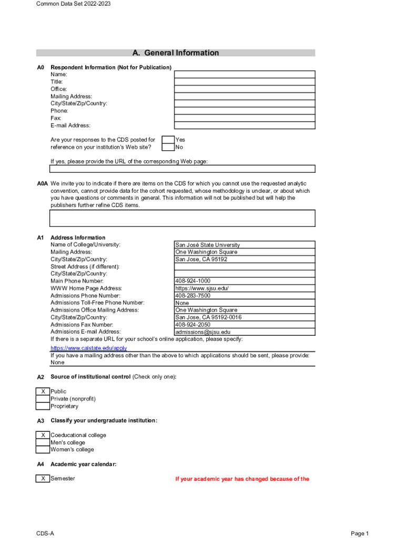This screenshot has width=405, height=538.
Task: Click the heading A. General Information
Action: tap(176, 53)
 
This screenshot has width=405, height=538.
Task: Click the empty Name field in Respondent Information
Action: tap(245, 75)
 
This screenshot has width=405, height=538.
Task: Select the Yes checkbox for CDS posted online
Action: tap(168, 140)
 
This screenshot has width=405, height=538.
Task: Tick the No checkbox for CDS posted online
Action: tap(168, 147)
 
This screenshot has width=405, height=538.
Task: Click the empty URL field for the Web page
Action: tap(183, 169)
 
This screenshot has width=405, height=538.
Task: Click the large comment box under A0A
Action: tap(183, 218)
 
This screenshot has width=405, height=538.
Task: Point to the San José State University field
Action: tap(245, 245)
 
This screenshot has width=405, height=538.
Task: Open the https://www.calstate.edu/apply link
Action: tap(88, 348)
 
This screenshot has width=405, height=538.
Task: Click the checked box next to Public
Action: tap(43, 391)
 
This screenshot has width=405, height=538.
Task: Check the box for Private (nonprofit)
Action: tap(43, 399)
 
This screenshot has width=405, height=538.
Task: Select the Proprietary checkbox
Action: tap(43, 406)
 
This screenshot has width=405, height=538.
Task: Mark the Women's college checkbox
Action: tap(43, 450)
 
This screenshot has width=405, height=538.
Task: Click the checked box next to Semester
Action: tap(43, 479)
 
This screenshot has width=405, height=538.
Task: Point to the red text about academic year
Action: tap(242, 479)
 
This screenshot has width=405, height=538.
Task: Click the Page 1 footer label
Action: tap(360, 533)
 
